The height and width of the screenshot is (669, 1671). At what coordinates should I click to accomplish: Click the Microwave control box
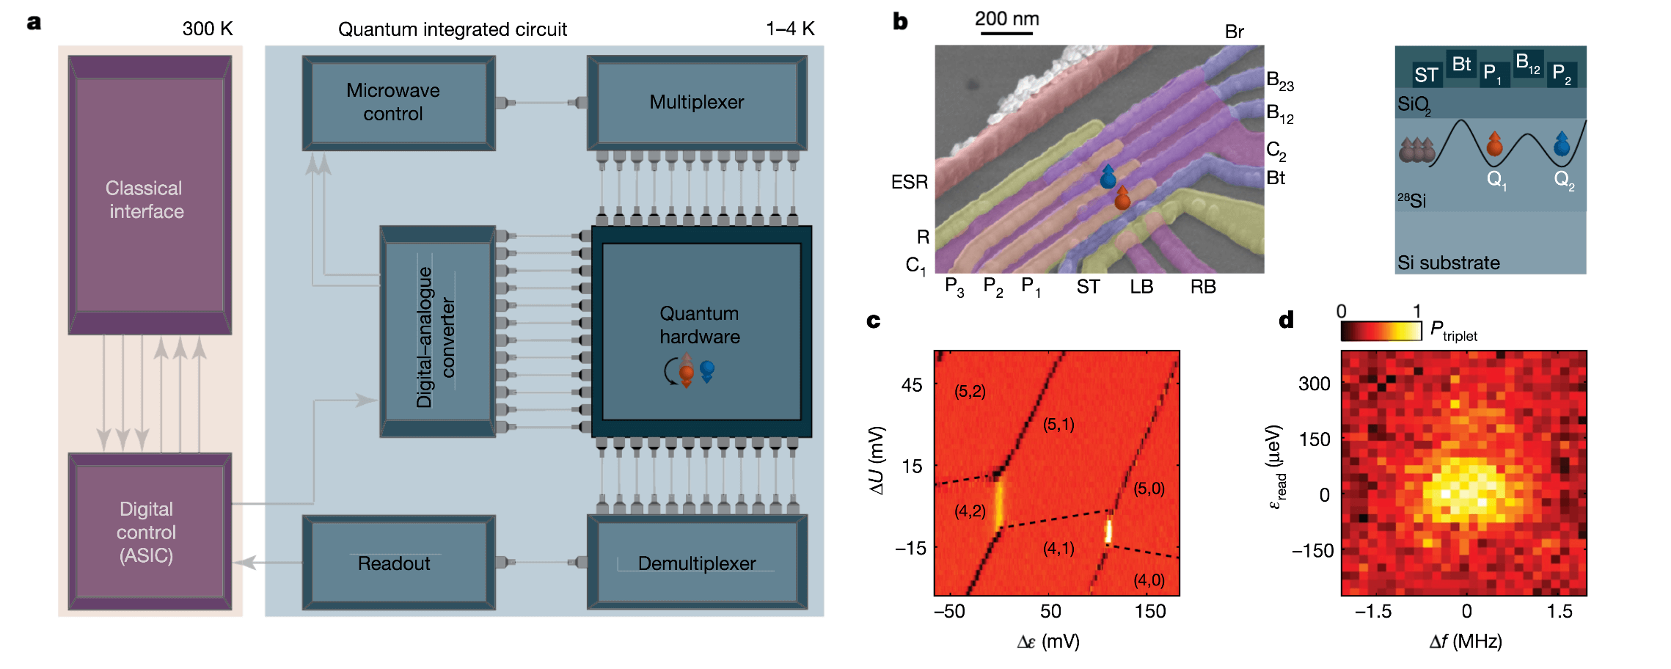pos(398,103)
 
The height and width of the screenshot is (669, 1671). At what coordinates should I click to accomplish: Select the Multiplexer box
pos(696,103)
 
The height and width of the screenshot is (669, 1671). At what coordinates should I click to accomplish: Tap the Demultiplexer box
pos(696,563)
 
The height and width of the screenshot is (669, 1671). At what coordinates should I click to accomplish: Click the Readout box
pos(398,563)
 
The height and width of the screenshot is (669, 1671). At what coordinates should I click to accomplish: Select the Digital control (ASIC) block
pos(150,532)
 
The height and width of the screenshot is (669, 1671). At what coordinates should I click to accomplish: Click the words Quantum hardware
pos(700,325)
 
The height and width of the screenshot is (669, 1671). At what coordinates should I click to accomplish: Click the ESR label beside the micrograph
pos(910,182)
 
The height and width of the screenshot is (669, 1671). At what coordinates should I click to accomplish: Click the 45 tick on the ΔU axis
pos(912,385)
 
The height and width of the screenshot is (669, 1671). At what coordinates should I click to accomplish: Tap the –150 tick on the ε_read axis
pos(1312,551)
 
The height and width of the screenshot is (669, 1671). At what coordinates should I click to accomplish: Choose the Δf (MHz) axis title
pos(1466,642)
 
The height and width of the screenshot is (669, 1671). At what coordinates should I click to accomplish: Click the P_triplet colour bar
pos(1381,331)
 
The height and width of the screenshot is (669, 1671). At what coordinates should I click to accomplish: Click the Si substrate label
pos(1448,263)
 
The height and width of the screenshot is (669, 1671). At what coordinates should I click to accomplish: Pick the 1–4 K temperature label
pos(790,29)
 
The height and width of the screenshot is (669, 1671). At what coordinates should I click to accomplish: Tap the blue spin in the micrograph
pos(1108,177)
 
